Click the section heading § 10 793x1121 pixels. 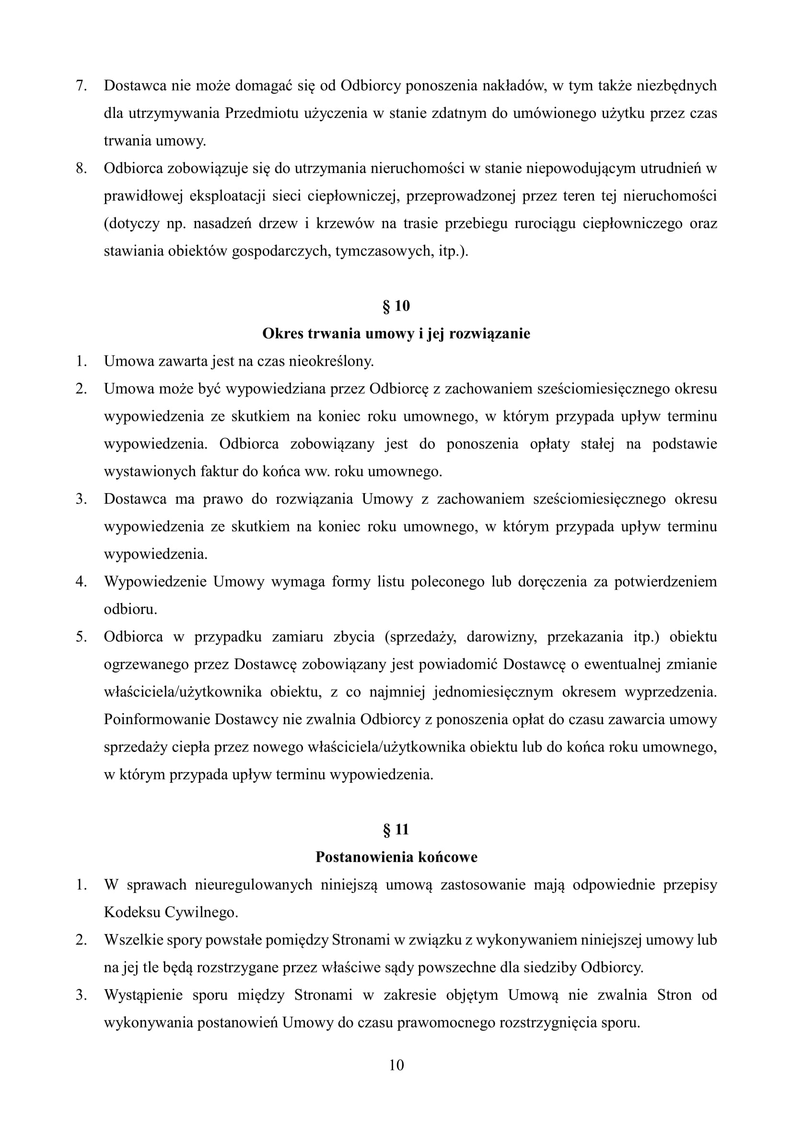click(396, 306)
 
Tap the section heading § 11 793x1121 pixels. click(396, 830)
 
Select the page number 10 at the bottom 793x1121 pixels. click(396, 1065)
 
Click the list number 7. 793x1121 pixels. click(81, 85)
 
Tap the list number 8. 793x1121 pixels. click(81, 168)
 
